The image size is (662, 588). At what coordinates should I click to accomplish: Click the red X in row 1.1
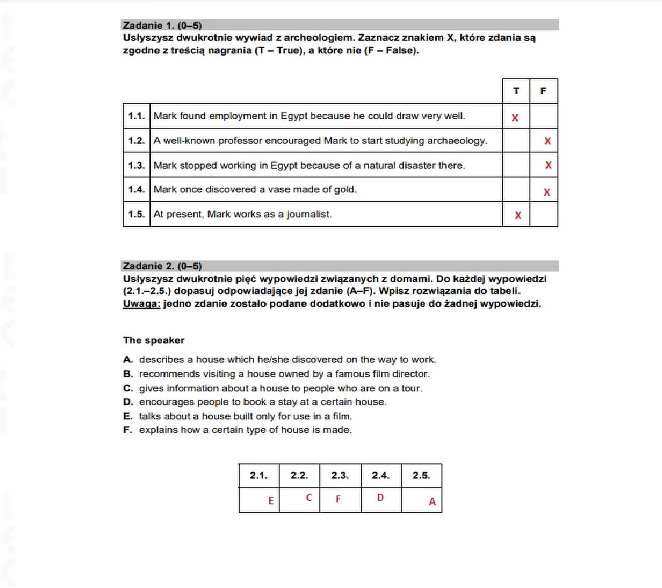click(515, 118)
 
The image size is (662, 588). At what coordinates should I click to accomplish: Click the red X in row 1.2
click(548, 141)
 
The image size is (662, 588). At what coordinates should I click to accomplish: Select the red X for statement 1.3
click(548, 165)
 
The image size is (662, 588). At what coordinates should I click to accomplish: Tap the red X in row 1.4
click(547, 192)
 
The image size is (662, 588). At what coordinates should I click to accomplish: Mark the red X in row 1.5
click(518, 216)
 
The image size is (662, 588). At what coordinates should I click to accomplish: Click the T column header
click(516, 91)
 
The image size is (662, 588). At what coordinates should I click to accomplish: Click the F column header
click(543, 91)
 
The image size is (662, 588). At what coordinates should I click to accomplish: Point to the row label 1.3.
click(137, 166)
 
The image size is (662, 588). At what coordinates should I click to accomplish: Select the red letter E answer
click(271, 500)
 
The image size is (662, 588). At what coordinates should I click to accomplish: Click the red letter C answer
click(309, 497)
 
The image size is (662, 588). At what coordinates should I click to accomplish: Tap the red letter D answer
click(380, 497)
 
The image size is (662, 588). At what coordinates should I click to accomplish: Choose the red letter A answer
click(432, 501)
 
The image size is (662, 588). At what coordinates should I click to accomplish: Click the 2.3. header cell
click(340, 475)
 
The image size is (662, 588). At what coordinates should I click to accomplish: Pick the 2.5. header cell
click(421, 475)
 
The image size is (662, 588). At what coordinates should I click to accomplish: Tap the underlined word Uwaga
click(141, 304)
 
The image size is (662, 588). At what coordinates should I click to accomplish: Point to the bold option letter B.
click(128, 374)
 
